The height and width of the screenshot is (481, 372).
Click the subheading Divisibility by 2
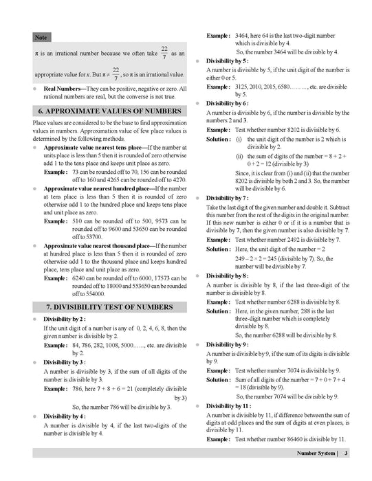click(x=65, y=320)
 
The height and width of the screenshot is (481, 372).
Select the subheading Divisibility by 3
click(x=65, y=362)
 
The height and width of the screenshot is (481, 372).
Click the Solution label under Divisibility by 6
click(x=219, y=139)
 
